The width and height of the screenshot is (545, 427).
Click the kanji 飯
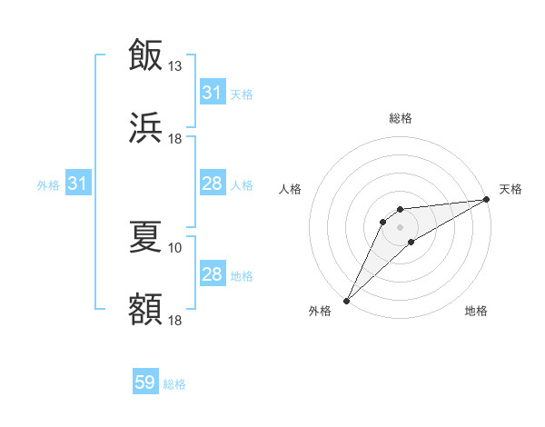pos(145,54)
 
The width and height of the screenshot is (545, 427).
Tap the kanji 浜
pos(145,127)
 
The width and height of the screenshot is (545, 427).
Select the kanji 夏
pos(145,236)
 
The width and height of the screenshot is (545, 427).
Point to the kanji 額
pos(145,310)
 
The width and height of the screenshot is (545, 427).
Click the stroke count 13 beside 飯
pos(175,65)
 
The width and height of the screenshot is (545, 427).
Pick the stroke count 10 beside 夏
pos(175,247)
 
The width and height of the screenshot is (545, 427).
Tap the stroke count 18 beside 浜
pos(175,138)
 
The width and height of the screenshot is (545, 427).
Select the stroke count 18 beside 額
pos(175,321)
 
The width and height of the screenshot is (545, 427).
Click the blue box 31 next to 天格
pos(213,93)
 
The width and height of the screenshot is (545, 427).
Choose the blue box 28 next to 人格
pos(213,184)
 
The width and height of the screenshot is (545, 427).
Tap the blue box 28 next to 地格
pos(213,274)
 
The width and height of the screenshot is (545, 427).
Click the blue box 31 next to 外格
pos(78,184)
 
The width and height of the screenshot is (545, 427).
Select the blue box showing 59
pos(145,383)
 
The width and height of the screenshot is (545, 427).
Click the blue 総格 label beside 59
pos(175,384)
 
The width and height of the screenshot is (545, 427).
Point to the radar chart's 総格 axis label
pos(401,118)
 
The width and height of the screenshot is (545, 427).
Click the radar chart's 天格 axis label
pos(511,189)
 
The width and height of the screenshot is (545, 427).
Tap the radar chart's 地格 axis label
pos(476,311)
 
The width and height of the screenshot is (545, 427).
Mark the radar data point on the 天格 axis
pos(487,199)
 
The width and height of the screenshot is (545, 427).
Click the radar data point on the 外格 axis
pos(346,300)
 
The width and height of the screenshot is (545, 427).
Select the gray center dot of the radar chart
pos(401,226)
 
